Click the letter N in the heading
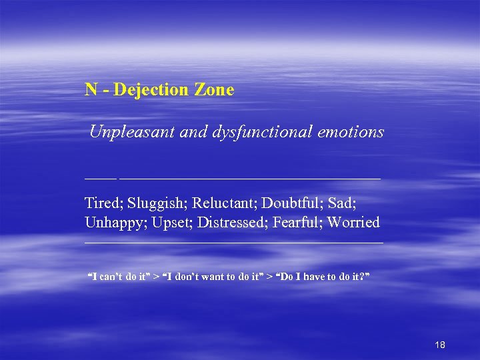(91, 89)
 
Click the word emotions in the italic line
(352, 132)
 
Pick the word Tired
(103, 203)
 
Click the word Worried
(353, 222)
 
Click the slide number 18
(439, 345)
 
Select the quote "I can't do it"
(119, 275)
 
